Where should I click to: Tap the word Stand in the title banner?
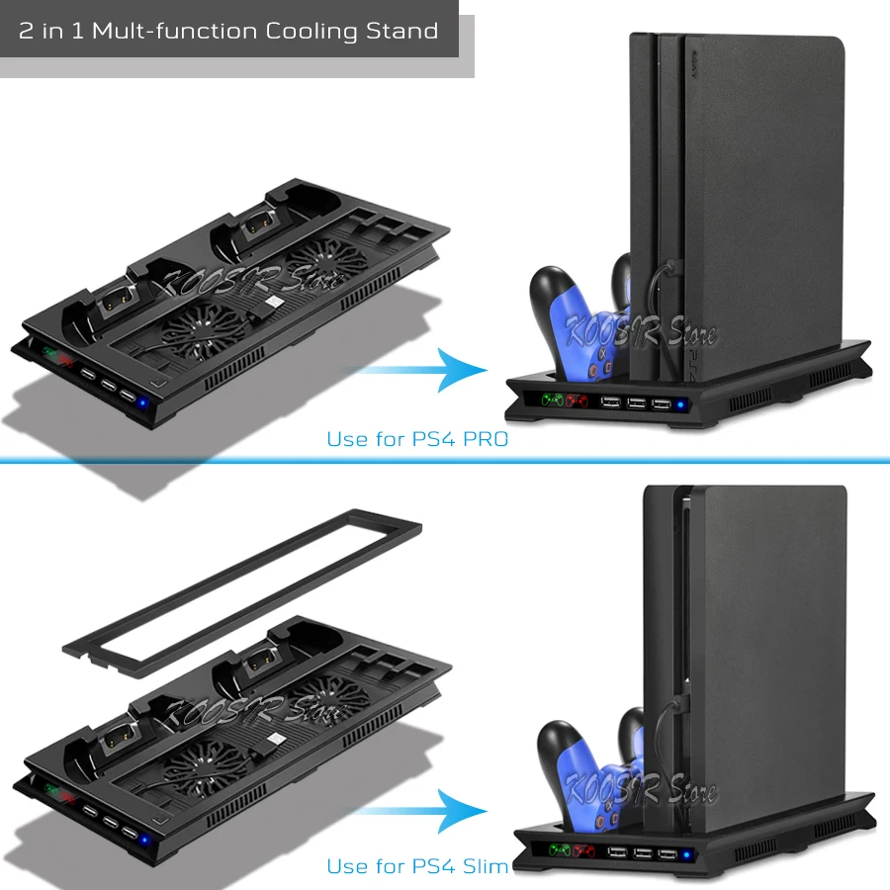click(x=400, y=31)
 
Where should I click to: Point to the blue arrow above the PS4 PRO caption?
click(x=425, y=370)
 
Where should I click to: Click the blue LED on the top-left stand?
click(x=144, y=403)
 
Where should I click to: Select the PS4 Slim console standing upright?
click(x=761, y=643)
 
